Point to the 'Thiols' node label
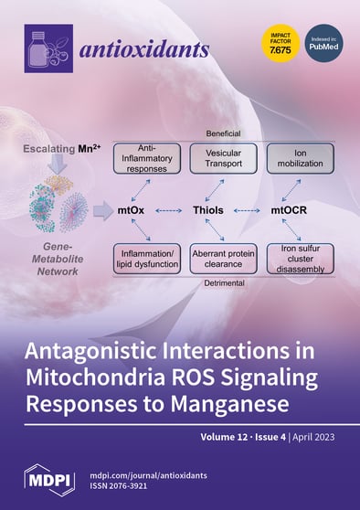223,209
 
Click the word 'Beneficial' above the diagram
223,133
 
